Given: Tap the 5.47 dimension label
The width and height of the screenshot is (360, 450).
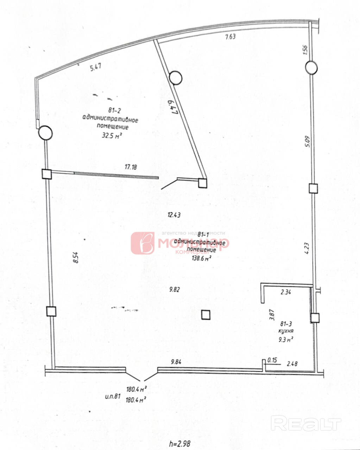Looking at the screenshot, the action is click(x=96, y=67).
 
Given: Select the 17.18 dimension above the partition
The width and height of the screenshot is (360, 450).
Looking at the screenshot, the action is click(x=131, y=167).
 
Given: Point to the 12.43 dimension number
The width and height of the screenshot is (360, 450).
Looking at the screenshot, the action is click(x=174, y=215).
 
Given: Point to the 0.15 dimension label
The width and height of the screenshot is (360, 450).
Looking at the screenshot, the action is click(x=272, y=360).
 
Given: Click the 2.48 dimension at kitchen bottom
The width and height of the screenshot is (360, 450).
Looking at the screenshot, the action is click(x=292, y=364).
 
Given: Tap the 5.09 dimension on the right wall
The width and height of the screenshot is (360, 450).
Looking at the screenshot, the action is click(x=307, y=142).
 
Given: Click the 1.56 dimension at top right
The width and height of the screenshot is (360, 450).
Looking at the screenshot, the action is click(x=305, y=49).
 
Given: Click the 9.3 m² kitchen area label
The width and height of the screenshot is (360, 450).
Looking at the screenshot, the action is click(x=286, y=340).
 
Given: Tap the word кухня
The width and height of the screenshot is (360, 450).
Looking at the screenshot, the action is click(x=286, y=331).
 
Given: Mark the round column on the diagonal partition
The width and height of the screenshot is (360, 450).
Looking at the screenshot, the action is click(x=175, y=78).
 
